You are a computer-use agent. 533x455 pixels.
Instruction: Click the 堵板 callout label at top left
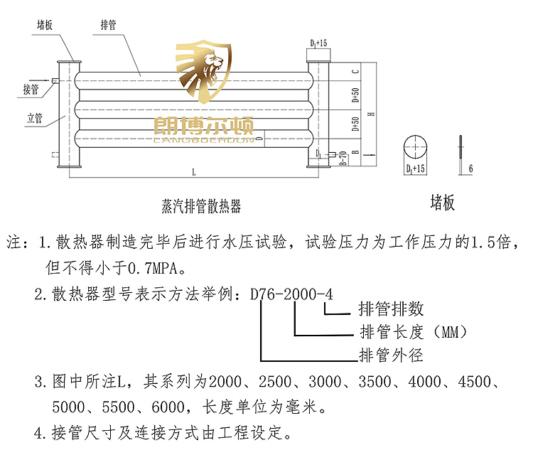coord(45,25)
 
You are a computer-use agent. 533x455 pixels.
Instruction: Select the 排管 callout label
coord(109,25)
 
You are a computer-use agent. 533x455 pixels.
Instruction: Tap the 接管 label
coord(29,90)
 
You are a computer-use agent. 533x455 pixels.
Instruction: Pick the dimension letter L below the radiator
coord(193,172)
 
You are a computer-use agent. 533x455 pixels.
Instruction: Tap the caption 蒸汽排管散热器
coord(201,206)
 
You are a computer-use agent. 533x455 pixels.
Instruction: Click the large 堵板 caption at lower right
coord(442,203)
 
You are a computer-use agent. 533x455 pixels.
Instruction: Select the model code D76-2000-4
coord(291,293)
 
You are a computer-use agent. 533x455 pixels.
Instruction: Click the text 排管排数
coord(392,309)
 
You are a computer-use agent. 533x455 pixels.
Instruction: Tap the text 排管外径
coord(391,354)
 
